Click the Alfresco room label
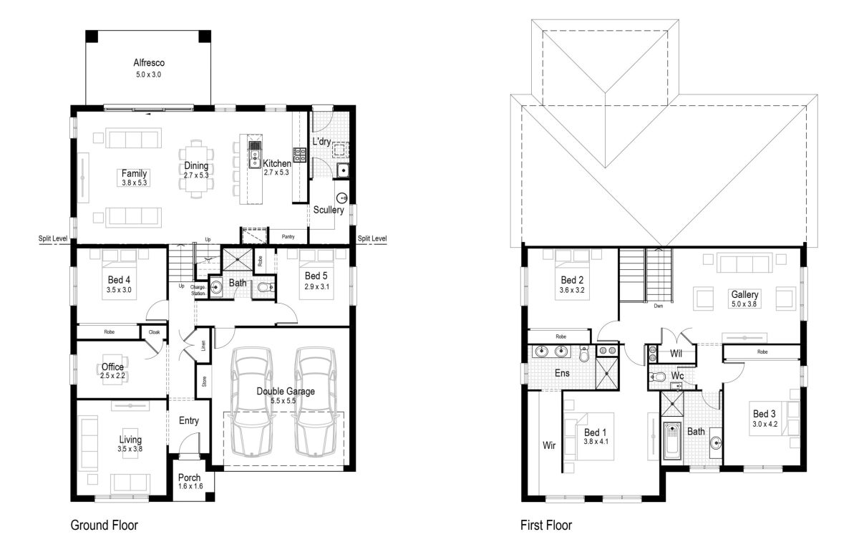(x=149, y=62)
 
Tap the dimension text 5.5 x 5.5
(x=283, y=401)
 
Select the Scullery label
(x=329, y=210)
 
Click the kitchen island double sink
(x=254, y=154)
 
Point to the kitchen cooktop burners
(x=299, y=155)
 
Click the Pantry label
(x=288, y=237)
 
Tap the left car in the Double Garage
(x=251, y=402)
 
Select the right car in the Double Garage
(x=316, y=402)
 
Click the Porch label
(x=189, y=478)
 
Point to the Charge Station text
(x=198, y=290)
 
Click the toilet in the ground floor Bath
(x=266, y=287)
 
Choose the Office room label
(x=112, y=367)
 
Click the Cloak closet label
(x=154, y=332)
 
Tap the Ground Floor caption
(x=104, y=525)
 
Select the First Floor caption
(x=545, y=525)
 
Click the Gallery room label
(x=744, y=294)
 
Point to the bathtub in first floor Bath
(x=672, y=441)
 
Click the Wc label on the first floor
(x=677, y=376)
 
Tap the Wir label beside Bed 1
(x=549, y=445)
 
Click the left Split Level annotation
(x=53, y=238)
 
